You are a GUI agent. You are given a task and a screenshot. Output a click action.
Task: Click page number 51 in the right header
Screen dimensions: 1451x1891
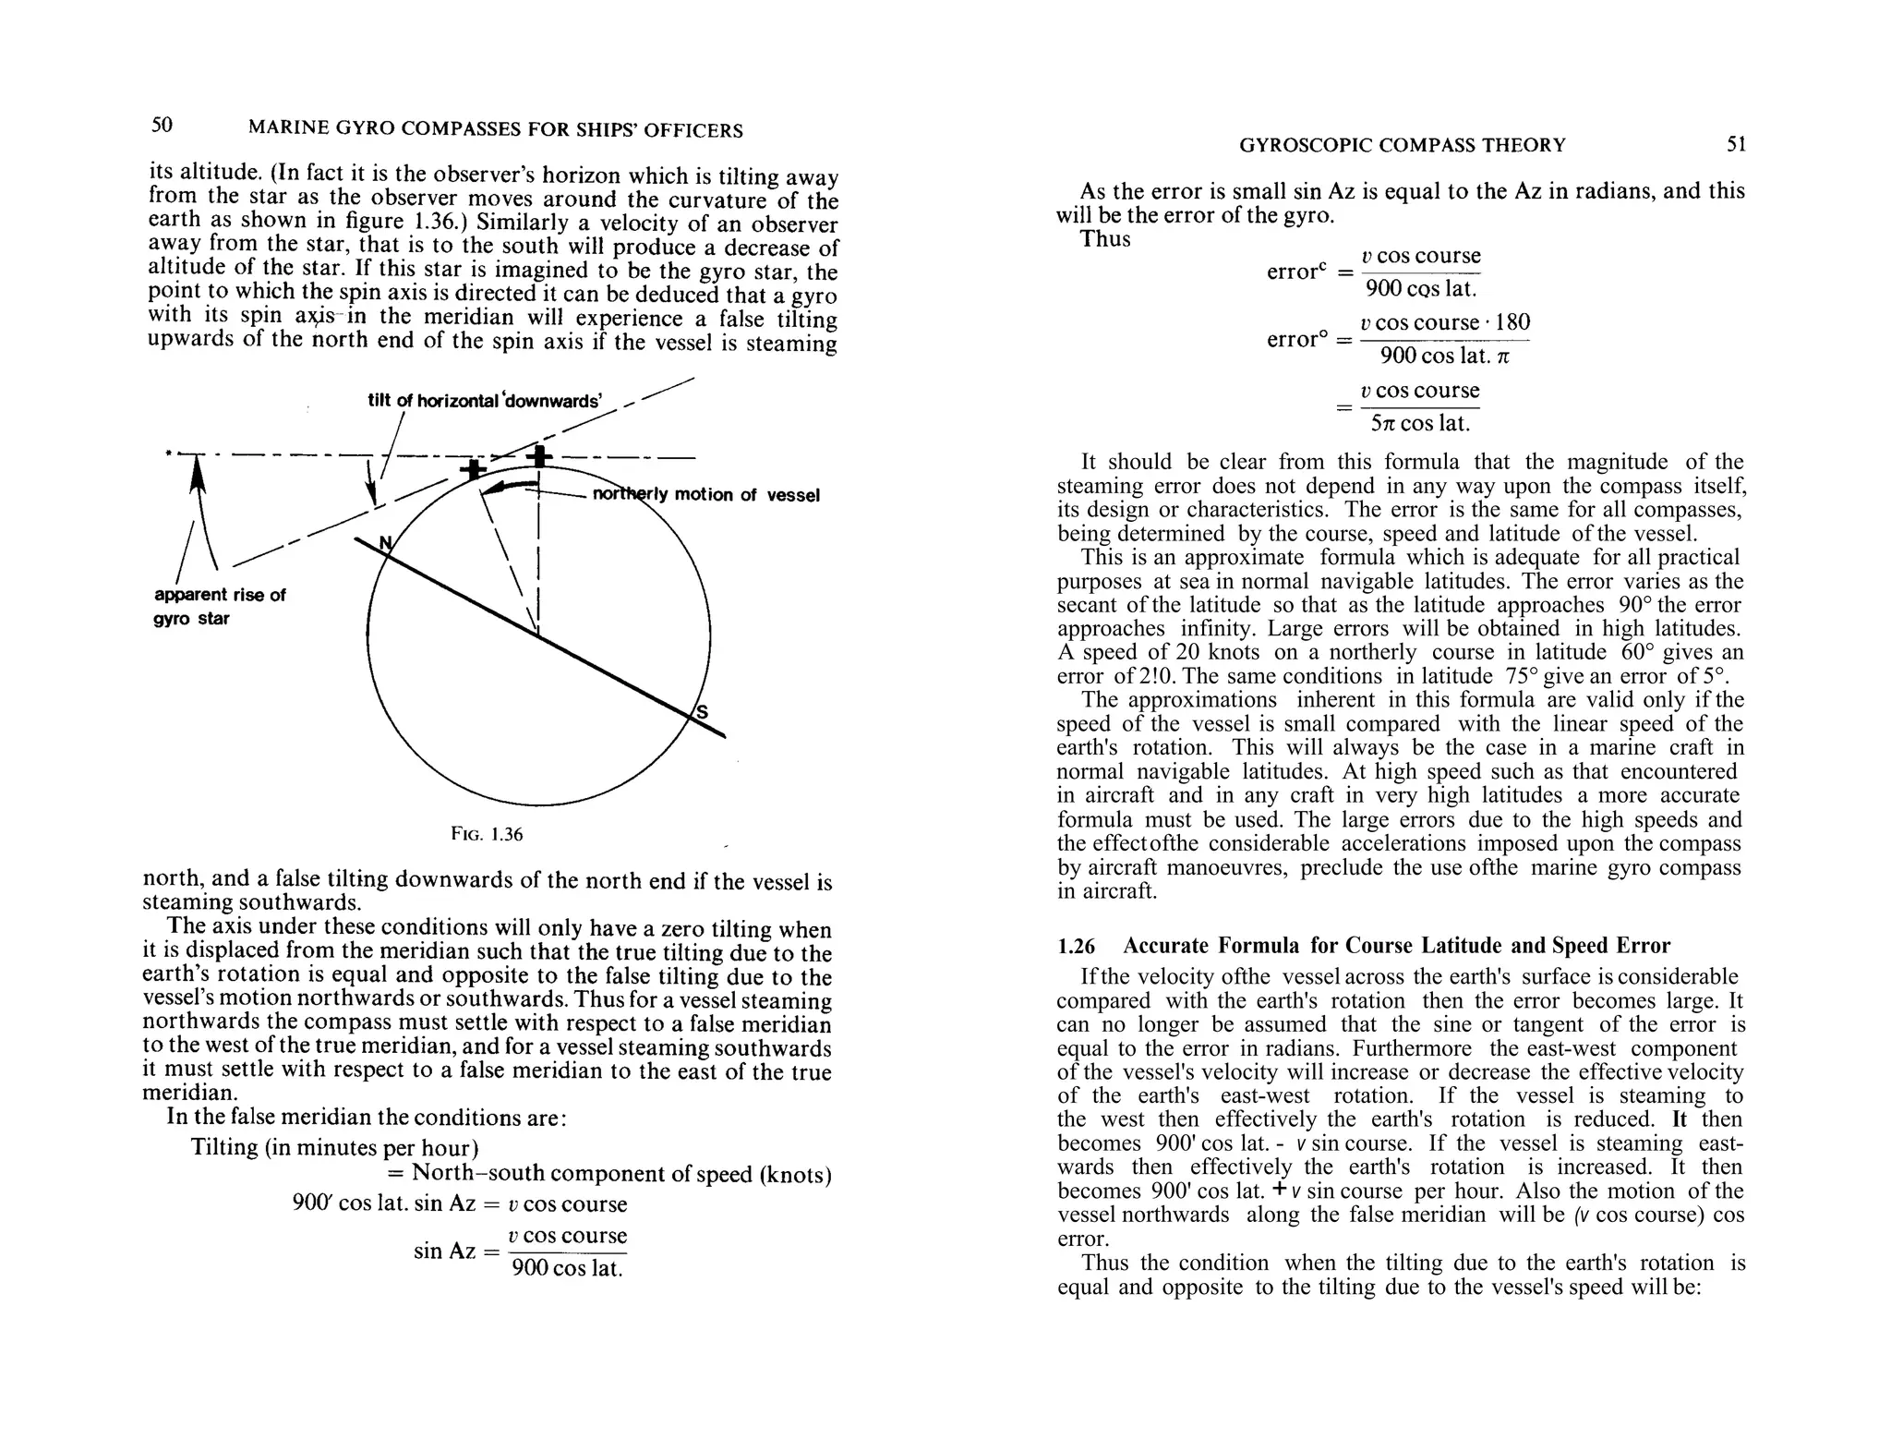pos(1736,144)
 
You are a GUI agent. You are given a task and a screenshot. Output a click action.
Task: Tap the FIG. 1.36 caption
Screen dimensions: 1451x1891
pos(487,834)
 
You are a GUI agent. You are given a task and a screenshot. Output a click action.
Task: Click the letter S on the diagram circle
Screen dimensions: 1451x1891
pos(702,712)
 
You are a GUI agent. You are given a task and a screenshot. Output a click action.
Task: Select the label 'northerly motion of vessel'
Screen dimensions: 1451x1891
pos(705,495)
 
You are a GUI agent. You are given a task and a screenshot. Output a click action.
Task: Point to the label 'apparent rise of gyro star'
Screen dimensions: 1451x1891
pos(219,607)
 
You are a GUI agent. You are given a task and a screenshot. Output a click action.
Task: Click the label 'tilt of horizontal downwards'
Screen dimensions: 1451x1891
pos(485,401)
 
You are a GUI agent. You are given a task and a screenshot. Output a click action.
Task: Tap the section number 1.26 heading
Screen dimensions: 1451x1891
pos(1076,946)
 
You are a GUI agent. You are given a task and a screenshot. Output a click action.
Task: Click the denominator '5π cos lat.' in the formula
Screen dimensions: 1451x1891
pos(1420,424)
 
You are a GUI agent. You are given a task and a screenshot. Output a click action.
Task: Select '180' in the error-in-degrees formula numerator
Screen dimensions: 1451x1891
pos(1512,322)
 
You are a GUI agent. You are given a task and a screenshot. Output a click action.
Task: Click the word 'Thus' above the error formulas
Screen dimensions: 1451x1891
pos(1105,239)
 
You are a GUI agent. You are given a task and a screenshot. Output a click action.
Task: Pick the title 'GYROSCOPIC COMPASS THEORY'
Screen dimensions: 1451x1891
pos(1402,145)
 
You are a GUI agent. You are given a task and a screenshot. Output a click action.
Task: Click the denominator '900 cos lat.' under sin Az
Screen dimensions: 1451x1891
pos(567,1268)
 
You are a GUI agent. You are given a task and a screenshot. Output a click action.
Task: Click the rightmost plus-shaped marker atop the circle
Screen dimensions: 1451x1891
pos(539,455)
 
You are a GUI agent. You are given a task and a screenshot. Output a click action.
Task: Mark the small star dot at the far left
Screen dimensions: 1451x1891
pos(168,453)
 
